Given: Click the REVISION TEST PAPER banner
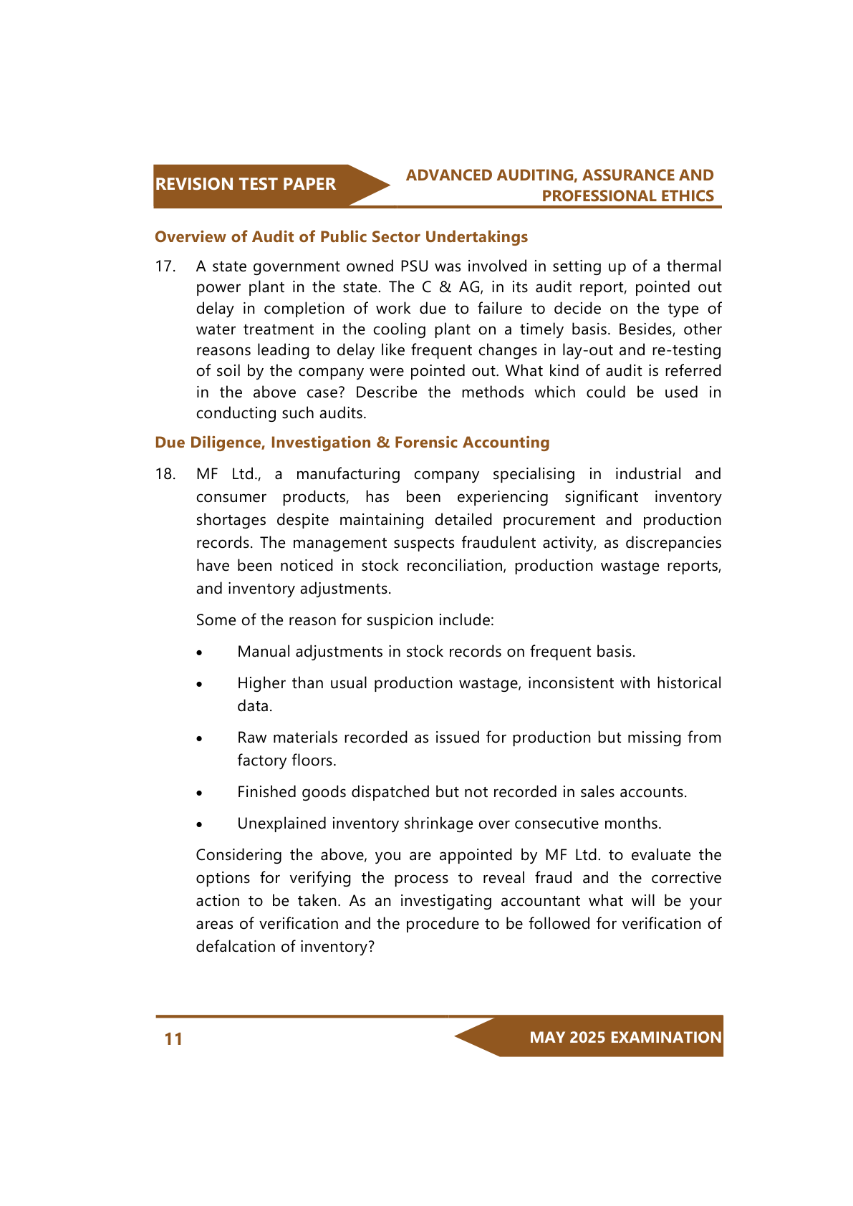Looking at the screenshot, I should pyautogui.click(x=246, y=185).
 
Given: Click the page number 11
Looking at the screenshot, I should pyautogui.click(x=173, y=1039).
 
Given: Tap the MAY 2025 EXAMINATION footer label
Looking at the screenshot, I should pyautogui.click(x=625, y=1037).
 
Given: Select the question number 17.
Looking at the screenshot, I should pyautogui.click(x=165, y=266).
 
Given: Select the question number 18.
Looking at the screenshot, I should pyautogui.click(x=165, y=474).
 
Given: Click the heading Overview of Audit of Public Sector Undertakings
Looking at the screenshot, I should pyautogui.click(x=341, y=237).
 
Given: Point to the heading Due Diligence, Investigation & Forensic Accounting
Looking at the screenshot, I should pyautogui.click(x=352, y=443).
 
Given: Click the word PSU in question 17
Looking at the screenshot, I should pyautogui.click(x=414, y=266).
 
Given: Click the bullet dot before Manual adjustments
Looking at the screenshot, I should pyautogui.click(x=201, y=653).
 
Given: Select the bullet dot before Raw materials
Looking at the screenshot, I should pyautogui.click(x=201, y=739).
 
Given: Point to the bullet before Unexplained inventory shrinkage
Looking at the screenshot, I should pyautogui.click(x=201, y=825).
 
